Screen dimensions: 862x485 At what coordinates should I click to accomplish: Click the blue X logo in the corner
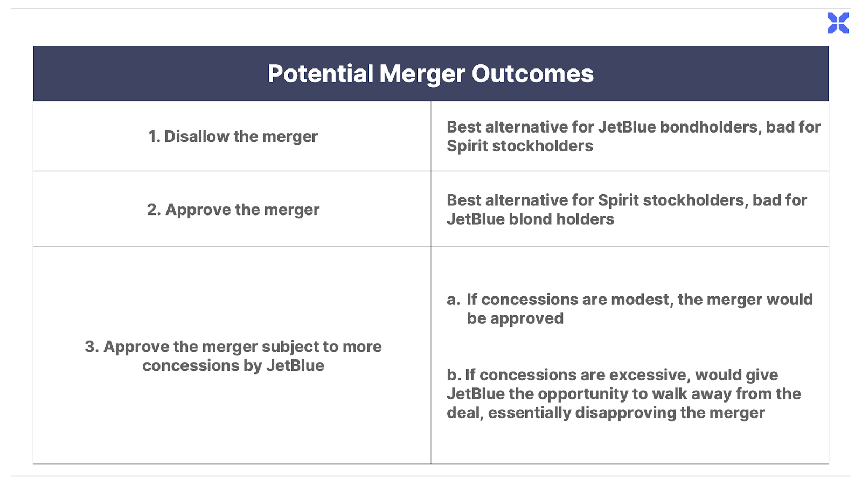point(838,23)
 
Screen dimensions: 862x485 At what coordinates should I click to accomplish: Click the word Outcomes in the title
point(533,73)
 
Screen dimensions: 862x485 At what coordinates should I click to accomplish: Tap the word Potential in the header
point(321,73)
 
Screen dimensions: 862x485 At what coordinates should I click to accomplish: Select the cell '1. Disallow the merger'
point(233,137)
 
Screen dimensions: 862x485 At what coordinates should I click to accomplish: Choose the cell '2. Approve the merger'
point(233,210)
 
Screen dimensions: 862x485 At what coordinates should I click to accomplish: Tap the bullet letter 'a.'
point(453,300)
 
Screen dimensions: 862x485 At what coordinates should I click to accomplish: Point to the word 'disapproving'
point(625,413)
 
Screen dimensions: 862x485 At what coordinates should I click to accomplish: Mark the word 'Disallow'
point(197,136)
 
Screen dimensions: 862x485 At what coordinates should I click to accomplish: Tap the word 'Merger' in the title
point(422,74)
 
